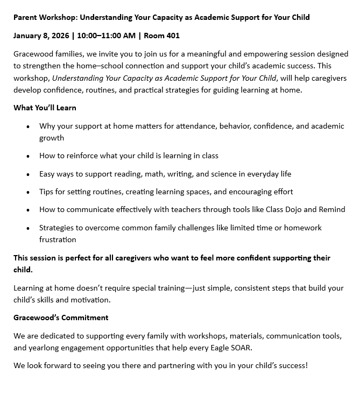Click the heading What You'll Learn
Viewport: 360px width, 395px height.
[45, 108]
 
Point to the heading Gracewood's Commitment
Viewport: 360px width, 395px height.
[61, 318]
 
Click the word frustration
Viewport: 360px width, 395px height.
[58, 239]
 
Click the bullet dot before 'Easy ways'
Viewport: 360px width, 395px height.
[28, 174]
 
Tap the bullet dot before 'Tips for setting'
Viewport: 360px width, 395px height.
[28, 192]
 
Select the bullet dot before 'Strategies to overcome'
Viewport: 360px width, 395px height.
[28, 228]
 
